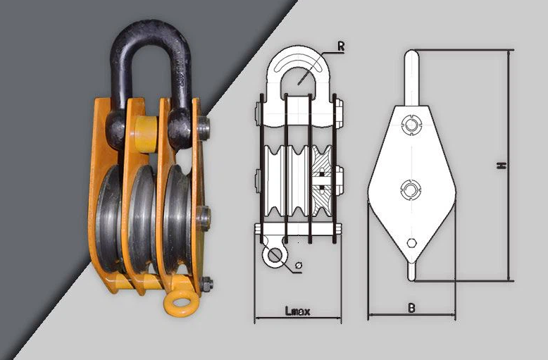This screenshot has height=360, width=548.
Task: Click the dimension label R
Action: [x=341, y=46]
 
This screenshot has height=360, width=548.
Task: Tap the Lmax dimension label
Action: [x=297, y=311]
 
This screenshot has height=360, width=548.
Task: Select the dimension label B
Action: [x=411, y=309]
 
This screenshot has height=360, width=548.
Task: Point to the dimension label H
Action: [x=502, y=166]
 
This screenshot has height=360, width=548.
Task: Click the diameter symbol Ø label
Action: [x=298, y=266]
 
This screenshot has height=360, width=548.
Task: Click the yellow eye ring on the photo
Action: [x=181, y=303]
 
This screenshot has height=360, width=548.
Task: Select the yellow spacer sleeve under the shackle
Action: [x=145, y=135]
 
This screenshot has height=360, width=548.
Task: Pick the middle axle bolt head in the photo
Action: [x=204, y=218]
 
